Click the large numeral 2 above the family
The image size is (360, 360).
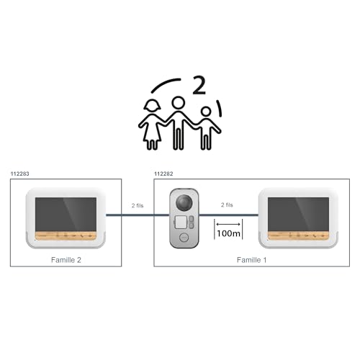coord(199,85)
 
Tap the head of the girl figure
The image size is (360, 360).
coord(152,106)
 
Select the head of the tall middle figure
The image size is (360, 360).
coord(179,103)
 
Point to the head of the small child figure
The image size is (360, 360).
coord(206,112)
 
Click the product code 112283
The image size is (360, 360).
coord(19,174)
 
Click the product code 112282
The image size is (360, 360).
coord(163,174)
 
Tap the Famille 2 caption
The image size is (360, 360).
coord(66,260)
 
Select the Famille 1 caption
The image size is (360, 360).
coord(251,260)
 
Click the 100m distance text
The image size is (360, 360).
coord(228,233)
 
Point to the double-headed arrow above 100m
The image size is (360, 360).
coord(228,224)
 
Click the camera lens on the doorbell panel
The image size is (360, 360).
coord(184,202)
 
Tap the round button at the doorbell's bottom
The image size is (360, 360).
coord(184,238)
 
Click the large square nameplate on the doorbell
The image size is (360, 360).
coord(181,222)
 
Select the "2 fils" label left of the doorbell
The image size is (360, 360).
coord(138,206)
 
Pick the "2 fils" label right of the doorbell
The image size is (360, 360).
coord(227,205)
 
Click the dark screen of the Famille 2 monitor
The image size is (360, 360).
coord(66,215)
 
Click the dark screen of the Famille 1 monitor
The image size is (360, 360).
coord(298,215)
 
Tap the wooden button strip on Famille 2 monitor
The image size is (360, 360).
coord(66,235)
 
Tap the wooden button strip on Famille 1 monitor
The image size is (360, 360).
coord(298,235)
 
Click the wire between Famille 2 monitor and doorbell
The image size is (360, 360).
coord(138,215)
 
